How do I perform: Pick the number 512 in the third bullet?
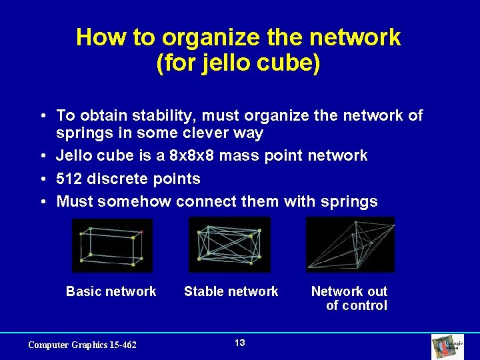(70, 179)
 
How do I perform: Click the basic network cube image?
(112, 245)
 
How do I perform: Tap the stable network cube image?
(229, 245)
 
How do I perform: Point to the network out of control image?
(350, 245)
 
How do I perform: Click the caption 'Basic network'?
(111, 291)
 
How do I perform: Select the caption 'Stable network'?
(231, 291)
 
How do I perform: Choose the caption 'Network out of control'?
(349, 298)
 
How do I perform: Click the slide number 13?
(240, 343)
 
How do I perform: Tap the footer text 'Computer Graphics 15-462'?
(82, 345)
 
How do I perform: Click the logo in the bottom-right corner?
(457, 346)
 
